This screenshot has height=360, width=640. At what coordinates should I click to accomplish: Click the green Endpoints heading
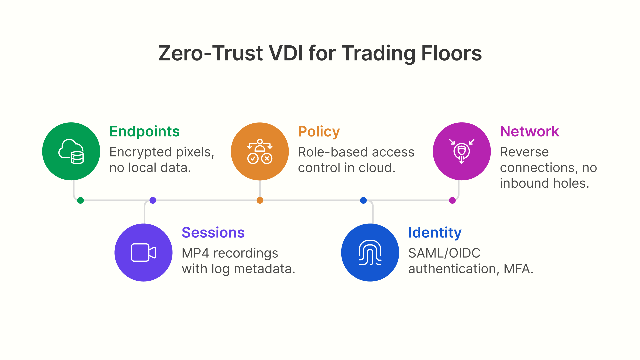coord(144,131)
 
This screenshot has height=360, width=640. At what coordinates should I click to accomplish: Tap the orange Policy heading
coord(319,131)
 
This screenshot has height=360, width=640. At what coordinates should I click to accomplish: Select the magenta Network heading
coord(529,131)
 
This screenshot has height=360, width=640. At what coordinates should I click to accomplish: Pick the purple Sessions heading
coord(213,232)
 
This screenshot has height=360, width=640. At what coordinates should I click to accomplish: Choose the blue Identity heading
coord(435,232)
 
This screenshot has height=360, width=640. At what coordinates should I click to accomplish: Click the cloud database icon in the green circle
coord(71,151)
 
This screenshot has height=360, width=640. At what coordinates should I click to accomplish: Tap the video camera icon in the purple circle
coord(143,252)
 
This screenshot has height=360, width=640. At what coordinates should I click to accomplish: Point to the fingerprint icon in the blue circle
coord(370,252)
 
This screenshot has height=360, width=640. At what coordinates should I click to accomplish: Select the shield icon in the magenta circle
coord(462,151)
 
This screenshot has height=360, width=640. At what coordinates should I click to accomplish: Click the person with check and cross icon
coord(260,151)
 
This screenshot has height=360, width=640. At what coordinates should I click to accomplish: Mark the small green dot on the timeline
coord(80,200)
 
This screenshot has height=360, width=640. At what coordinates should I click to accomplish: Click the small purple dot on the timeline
coord(153,200)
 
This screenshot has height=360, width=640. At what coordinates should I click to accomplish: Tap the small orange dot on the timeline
coord(260,200)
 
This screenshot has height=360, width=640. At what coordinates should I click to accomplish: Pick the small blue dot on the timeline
coord(363,200)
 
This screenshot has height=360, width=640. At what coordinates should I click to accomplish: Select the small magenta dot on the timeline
coord(452,200)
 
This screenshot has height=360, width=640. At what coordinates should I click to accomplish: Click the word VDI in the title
coord(286,53)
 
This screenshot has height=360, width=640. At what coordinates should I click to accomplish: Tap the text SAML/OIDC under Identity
coord(444,253)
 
